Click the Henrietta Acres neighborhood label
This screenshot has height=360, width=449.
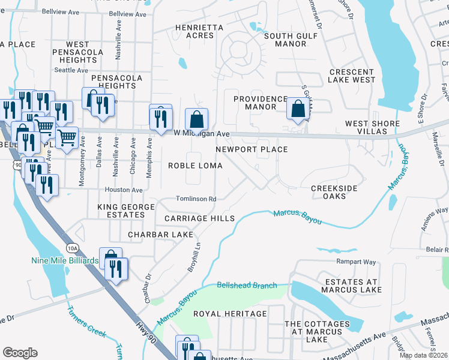[199, 32]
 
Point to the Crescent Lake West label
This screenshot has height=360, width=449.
[352, 76]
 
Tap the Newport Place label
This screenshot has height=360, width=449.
[252, 149]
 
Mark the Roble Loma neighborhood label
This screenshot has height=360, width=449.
[195, 165]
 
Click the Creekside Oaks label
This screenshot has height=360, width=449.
[338, 193]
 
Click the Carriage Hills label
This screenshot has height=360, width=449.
[196, 218]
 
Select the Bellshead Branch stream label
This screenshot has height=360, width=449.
[247, 286]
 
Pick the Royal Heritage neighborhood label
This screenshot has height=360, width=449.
[230, 314]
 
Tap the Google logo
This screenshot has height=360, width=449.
[20, 352]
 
